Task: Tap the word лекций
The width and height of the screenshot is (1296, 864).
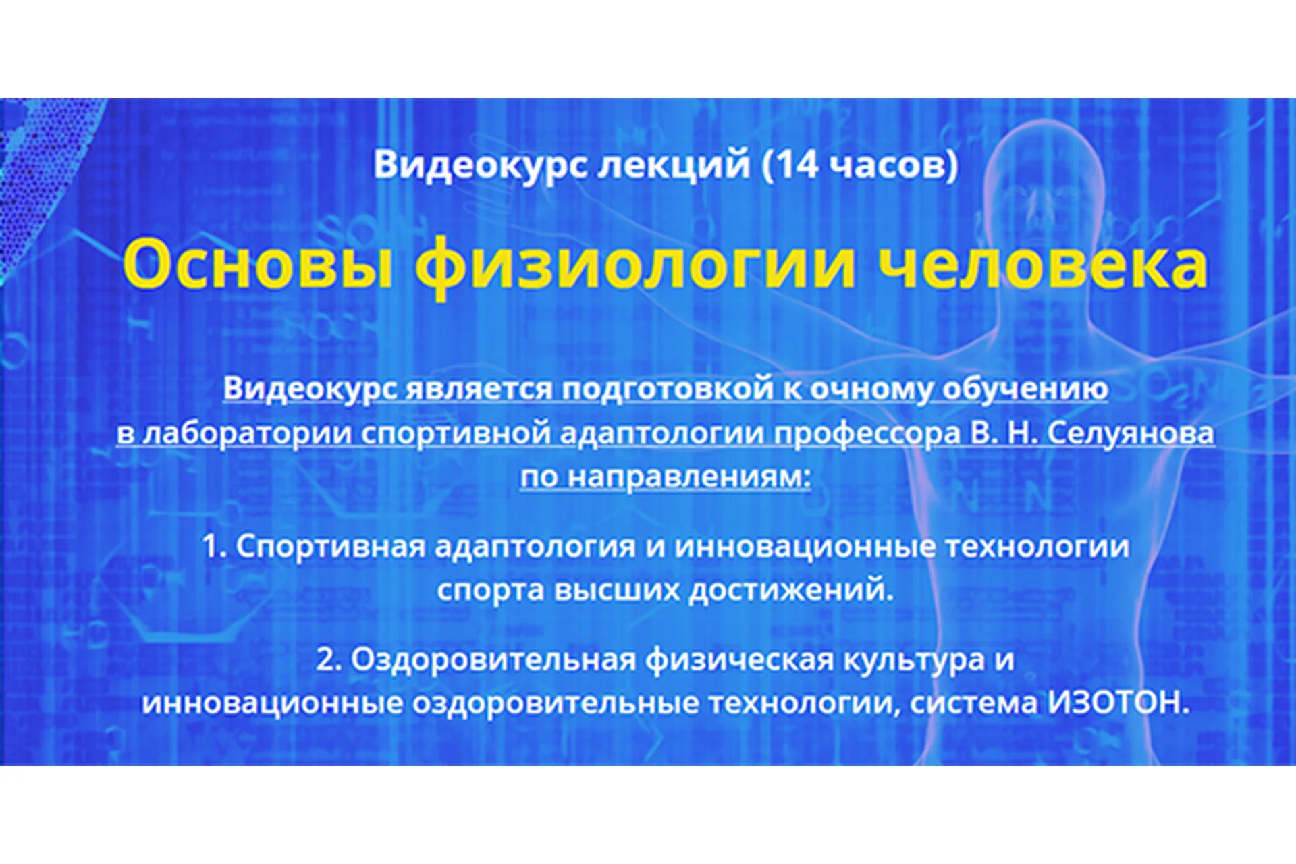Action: [x=673, y=165]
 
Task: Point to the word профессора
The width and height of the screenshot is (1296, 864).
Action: [x=867, y=433]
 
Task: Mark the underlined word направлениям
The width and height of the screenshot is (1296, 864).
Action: [x=688, y=477]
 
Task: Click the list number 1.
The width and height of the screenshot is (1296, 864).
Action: [x=213, y=546]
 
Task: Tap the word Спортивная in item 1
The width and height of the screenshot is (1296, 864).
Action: [x=330, y=546]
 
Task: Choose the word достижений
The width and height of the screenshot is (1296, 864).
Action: [x=790, y=590]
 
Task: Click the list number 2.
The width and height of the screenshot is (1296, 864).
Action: [x=327, y=659]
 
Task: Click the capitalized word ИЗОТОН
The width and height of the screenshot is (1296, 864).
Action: [x=1117, y=703]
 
